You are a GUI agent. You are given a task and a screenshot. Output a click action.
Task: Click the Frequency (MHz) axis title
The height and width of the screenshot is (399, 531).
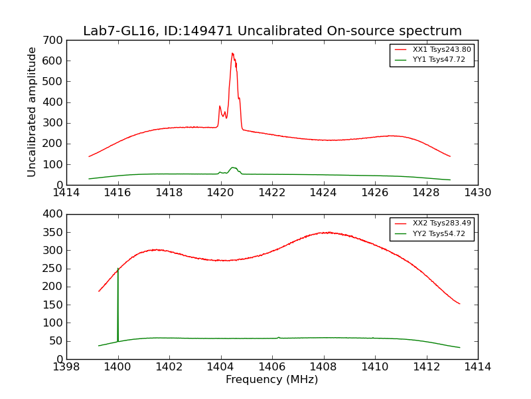click(x=271, y=380)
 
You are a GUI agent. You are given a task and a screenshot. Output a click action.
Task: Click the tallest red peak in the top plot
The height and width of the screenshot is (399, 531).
click(x=232, y=53)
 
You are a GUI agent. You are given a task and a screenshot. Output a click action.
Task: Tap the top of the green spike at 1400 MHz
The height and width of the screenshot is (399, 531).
click(x=118, y=269)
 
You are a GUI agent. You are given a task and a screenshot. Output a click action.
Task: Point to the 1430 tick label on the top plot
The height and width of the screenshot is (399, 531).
click(x=477, y=192)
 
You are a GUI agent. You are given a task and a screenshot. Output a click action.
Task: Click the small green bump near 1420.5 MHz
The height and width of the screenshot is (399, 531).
click(x=233, y=168)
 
